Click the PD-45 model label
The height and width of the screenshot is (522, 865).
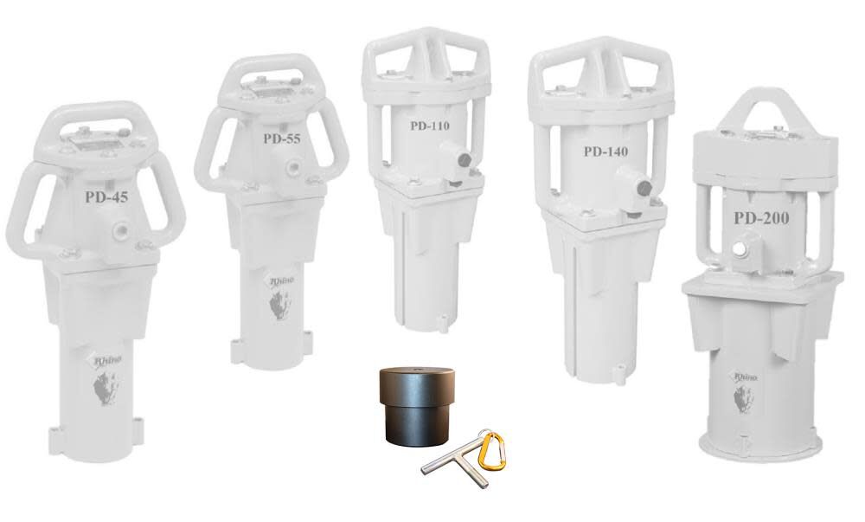click(106, 197)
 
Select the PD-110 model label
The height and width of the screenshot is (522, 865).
click(430, 125)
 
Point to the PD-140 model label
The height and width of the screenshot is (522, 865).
click(605, 151)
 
